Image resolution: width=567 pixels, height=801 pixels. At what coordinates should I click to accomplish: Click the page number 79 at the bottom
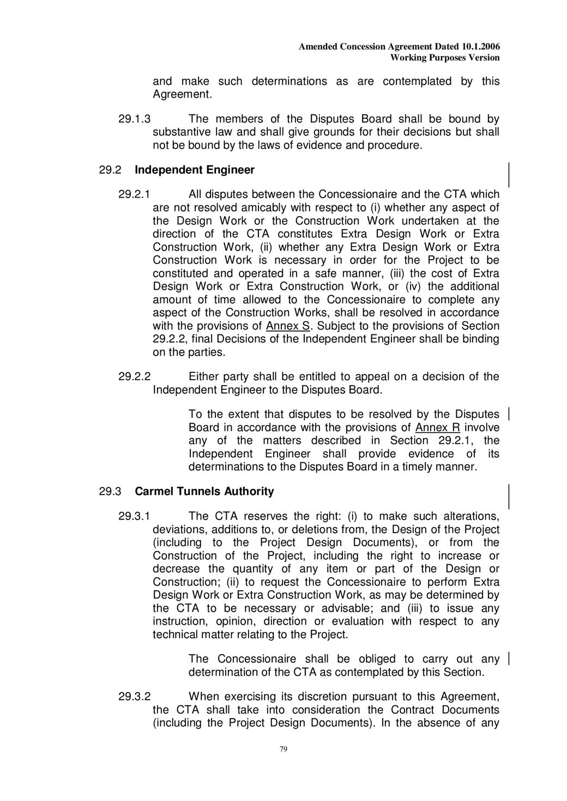pyautogui.click(x=283, y=749)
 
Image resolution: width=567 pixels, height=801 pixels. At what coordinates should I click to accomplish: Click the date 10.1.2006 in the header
pyautogui.click(x=480, y=47)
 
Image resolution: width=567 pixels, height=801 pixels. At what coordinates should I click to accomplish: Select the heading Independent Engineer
pyautogui.click(x=195, y=170)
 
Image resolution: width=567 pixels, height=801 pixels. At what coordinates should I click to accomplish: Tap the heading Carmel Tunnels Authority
pyautogui.click(x=204, y=491)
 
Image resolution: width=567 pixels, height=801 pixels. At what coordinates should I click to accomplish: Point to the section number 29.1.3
pyautogui.click(x=135, y=119)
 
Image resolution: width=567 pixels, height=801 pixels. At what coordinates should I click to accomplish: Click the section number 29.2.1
pyautogui.click(x=135, y=194)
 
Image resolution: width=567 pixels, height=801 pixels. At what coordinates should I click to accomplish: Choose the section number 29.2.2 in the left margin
pyautogui.click(x=135, y=376)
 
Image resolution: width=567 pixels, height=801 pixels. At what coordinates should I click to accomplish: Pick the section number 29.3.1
pyautogui.click(x=135, y=516)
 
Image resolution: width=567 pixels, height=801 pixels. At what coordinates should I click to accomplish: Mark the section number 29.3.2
pyautogui.click(x=135, y=696)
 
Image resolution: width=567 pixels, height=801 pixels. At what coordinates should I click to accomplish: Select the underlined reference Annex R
pyautogui.click(x=437, y=427)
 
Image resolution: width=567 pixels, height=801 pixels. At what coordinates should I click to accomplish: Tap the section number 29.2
pyautogui.click(x=110, y=170)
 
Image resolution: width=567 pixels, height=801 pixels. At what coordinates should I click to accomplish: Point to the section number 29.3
pyautogui.click(x=110, y=491)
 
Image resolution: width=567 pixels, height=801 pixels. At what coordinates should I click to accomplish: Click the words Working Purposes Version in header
pyautogui.click(x=445, y=58)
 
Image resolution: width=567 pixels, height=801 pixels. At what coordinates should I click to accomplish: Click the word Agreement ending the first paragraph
pyautogui.click(x=182, y=94)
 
